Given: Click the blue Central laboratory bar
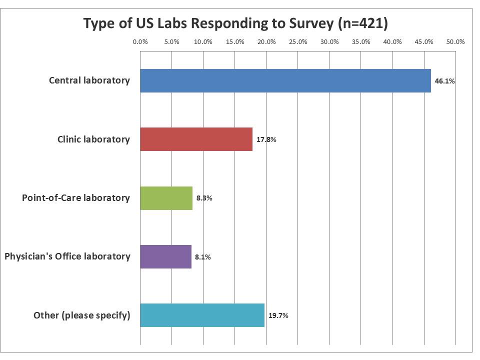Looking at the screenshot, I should tap(285, 80).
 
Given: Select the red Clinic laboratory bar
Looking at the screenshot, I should tap(196, 139).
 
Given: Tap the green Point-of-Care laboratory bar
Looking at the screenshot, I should tap(166, 198).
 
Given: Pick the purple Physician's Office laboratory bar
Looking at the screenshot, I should tap(165, 256).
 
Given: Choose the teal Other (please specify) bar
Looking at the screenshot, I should tap(202, 315).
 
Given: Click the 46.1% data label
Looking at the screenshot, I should tap(444, 81).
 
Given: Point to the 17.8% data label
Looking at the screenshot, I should tap(266, 139).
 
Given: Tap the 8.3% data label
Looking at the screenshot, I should tap(204, 198).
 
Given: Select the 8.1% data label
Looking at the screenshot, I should tap(202, 257).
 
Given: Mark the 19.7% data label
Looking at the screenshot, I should tap(278, 315).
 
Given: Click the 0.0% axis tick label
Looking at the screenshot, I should tap(140, 41).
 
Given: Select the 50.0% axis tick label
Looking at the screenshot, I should tap(455, 41).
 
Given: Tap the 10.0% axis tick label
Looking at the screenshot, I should tap(203, 41).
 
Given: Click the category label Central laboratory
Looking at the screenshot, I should tap(89, 80).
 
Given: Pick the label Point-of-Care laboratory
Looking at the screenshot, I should tap(75, 198).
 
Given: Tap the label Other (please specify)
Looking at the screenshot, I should tap(81, 315).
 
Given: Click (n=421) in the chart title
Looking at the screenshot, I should tap(362, 23).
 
